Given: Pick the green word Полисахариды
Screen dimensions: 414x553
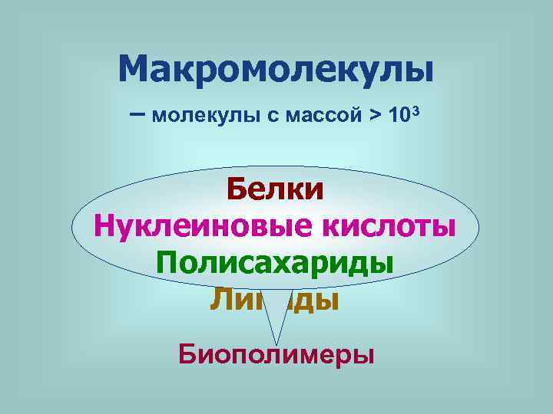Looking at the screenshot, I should tap(275, 262).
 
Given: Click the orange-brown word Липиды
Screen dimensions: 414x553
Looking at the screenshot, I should tap(274, 299).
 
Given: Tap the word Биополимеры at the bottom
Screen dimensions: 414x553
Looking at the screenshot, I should tap(276, 355).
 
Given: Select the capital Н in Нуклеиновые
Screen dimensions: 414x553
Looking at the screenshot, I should tap(105, 226).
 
